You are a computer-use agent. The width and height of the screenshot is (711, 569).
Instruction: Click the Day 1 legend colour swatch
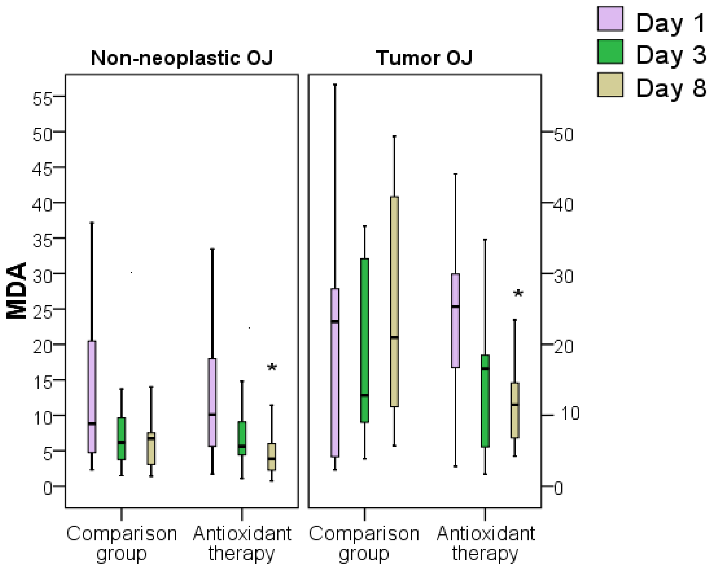click(610, 19)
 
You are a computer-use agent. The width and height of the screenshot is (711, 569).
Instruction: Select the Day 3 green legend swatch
click(610, 52)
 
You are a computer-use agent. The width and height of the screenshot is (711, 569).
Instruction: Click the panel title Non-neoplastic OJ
click(182, 58)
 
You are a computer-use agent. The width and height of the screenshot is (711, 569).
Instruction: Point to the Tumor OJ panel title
click(424, 58)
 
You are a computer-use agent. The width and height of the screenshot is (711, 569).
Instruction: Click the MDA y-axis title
click(17, 290)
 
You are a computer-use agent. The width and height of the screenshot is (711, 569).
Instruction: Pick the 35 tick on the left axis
click(42, 241)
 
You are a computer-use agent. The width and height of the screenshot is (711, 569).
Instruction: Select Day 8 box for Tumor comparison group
click(394, 301)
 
